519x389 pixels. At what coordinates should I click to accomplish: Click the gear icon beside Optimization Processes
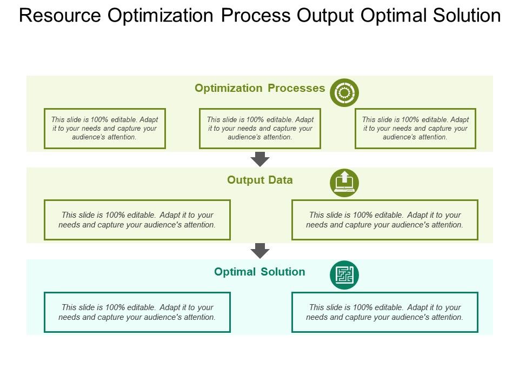tap(344, 92)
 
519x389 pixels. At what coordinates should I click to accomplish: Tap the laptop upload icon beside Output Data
tap(344, 183)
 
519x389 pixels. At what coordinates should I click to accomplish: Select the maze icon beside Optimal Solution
tap(344, 274)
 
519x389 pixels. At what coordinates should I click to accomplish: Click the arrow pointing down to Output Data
tap(261, 159)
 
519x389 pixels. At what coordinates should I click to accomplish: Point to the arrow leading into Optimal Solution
tap(261, 250)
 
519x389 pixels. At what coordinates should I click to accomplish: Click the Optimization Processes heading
tap(259, 88)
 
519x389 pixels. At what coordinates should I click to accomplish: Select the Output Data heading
tap(260, 180)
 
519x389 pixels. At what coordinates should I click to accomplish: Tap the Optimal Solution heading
tap(259, 272)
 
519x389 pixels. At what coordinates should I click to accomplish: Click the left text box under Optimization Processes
tap(104, 128)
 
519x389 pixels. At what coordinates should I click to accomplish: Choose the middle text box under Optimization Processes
tap(260, 128)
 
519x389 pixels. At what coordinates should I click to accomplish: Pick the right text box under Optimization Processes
tap(415, 128)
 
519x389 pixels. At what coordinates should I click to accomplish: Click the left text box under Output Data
tap(137, 219)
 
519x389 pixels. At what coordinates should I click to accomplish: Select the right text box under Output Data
tap(384, 219)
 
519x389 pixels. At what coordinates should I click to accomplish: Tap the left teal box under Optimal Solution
tap(137, 312)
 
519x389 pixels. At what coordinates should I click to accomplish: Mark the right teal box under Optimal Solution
tap(384, 312)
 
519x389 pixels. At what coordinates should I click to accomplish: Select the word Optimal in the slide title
tap(392, 16)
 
